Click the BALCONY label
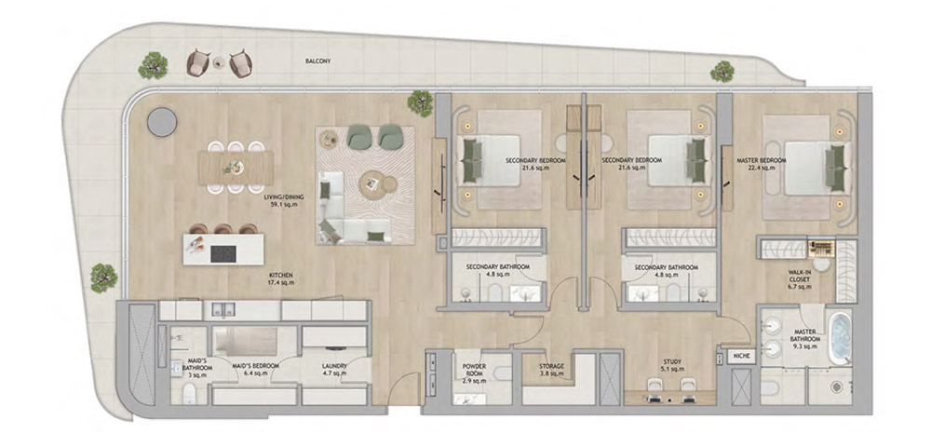(318, 62)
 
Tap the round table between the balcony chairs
(218, 62)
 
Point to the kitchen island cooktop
(223, 250)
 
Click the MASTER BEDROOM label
(762, 164)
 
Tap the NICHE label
(742, 355)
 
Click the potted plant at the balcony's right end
(722, 72)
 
